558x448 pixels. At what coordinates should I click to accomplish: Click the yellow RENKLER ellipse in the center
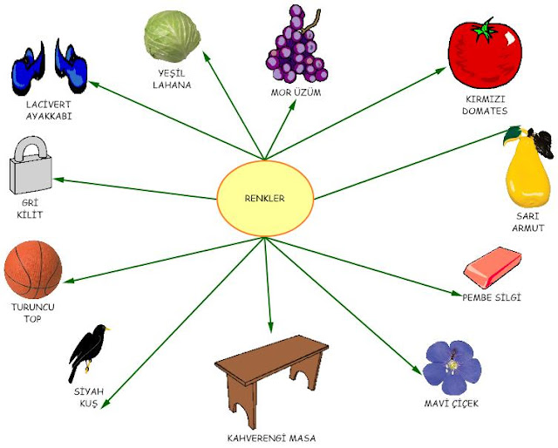tap(264, 198)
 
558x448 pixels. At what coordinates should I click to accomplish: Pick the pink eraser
tap(493, 268)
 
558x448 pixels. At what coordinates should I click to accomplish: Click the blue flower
tap(451, 367)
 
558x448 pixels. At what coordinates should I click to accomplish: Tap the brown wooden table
tap(271, 367)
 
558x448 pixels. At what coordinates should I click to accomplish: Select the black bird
tap(92, 349)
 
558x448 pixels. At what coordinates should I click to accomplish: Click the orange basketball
tap(33, 271)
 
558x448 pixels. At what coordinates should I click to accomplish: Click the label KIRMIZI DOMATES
tap(484, 105)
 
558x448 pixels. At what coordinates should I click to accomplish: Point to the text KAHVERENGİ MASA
tap(270, 438)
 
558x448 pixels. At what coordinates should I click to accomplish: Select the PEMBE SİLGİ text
tap(491, 298)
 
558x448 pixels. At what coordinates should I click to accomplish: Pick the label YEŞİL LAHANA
tap(173, 79)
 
